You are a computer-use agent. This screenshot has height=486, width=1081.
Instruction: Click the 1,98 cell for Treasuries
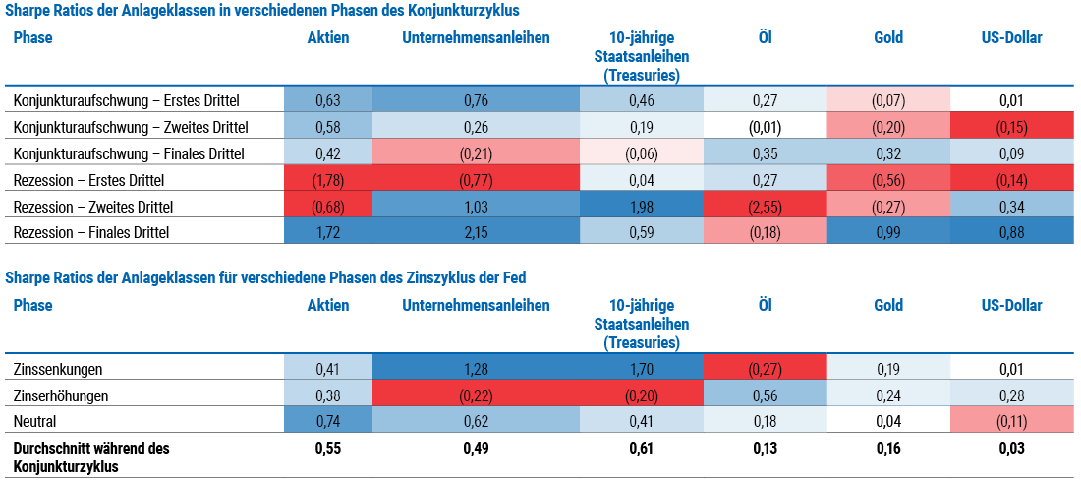click(x=642, y=207)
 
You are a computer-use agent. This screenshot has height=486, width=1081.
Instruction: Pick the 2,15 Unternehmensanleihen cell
click(x=476, y=233)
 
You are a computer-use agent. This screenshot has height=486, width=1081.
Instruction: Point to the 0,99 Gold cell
click(x=888, y=233)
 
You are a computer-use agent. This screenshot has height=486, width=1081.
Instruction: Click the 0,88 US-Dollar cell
click(x=1011, y=233)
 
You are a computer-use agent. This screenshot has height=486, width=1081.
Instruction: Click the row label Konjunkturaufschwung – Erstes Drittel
click(x=126, y=100)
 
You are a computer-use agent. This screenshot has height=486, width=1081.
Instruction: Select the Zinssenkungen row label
click(x=58, y=369)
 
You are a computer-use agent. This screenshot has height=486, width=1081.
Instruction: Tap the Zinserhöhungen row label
click(x=61, y=395)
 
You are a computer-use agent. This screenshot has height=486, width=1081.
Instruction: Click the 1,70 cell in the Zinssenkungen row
click(x=642, y=369)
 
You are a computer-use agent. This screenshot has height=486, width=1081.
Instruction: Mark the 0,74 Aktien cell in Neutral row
click(x=328, y=422)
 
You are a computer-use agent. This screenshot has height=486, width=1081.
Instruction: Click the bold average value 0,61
click(x=642, y=449)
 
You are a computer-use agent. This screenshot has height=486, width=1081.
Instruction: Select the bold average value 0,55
click(x=328, y=449)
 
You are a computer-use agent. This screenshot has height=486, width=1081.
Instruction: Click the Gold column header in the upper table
click(x=888, y=38)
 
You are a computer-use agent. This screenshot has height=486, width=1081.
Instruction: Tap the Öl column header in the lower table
click(x=766, y=306)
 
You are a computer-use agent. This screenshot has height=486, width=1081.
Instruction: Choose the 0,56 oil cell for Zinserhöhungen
click(x=766, y=395)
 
